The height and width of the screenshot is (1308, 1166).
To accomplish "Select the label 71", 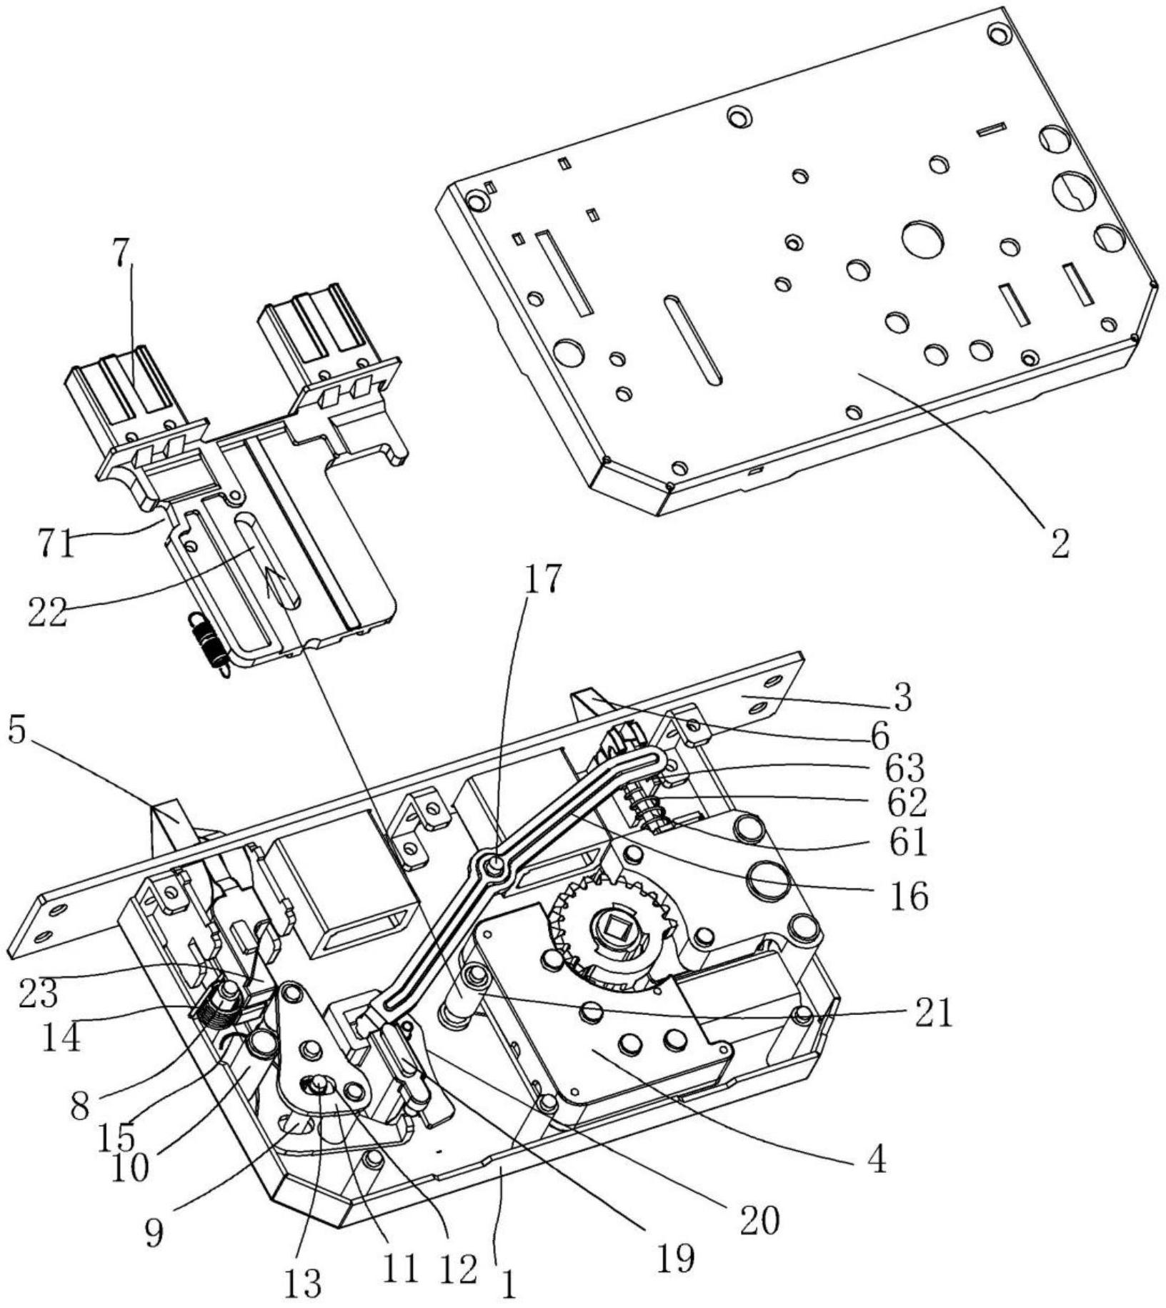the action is click(56, 545).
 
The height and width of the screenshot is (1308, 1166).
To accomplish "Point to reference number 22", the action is click(48, 613).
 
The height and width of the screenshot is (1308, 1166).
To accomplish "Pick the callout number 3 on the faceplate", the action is click(903, 698).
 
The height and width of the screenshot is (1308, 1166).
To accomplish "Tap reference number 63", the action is click(905, 768).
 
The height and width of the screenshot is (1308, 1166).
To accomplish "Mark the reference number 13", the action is click(304, 1284).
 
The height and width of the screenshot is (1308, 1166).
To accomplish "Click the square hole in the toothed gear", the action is click(615, 930).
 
